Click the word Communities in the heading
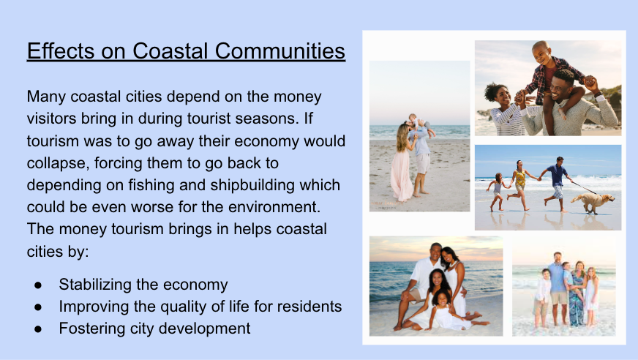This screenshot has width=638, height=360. click(280, 51)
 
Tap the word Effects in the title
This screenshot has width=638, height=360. click(61, 51)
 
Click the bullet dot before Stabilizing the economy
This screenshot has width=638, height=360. click(38, 285)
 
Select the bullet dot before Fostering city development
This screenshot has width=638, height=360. click(38, 329)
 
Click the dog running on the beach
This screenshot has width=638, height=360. click(593, 202)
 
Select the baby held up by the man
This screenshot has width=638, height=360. click(418, 123)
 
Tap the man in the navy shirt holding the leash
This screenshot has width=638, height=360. click(556, 184)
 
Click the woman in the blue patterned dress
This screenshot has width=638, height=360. click(577, 293)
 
